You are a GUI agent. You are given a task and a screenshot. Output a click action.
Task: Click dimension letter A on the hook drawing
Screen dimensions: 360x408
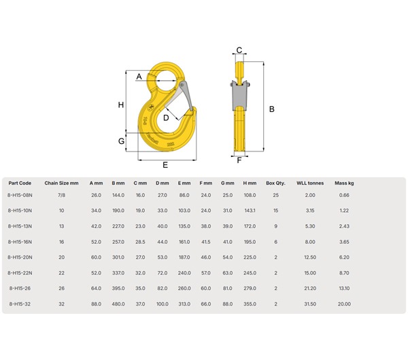click(x=139, y=77)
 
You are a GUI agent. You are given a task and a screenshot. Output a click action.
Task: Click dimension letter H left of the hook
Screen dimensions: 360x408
click(x=120, y=105)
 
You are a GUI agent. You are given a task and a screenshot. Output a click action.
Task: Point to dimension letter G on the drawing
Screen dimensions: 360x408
click(x=121, y=141)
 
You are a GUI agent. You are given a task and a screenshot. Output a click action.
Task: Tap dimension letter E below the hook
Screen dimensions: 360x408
click(x=165, y=165)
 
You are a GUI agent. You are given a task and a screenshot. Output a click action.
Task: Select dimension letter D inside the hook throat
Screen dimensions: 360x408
click(x=165, y=117)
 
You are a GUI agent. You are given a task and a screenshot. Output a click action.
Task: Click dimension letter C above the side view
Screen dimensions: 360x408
click(x=239, y=50)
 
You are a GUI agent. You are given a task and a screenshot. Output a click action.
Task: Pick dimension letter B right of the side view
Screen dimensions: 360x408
click(x=271, y=109)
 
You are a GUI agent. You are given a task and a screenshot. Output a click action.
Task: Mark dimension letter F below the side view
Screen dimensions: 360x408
click(x=239, y=161)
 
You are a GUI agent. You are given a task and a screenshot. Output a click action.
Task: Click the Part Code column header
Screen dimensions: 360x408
click(x=20, y=183)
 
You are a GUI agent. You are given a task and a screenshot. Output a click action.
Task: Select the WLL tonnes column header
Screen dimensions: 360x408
click(x=309, y=183)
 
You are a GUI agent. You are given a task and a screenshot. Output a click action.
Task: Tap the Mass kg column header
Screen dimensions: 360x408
click(x=344, y=183)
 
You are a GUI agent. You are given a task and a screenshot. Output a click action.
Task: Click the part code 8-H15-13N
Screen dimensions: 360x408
click(x=20, y=226)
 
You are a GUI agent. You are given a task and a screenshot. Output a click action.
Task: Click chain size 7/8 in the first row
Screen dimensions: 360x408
click(x=62, y=195)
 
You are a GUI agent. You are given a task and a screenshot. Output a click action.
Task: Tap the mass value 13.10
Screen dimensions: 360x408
click(x=344, y=288)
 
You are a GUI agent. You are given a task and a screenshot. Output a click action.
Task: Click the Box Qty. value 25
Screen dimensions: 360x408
click(x=275, y=195)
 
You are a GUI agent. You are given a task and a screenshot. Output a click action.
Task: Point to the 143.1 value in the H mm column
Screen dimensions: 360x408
click(x=250, y=211)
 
